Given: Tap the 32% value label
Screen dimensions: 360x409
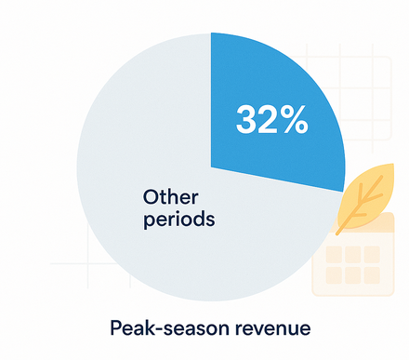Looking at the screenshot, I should point(271,120).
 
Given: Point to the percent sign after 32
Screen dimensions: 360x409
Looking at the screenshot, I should point(294,120).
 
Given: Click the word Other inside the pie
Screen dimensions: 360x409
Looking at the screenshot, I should point(169,197).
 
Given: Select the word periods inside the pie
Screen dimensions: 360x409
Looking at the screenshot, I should point(178,221).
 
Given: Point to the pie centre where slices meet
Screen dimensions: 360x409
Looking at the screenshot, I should point(212,168).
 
